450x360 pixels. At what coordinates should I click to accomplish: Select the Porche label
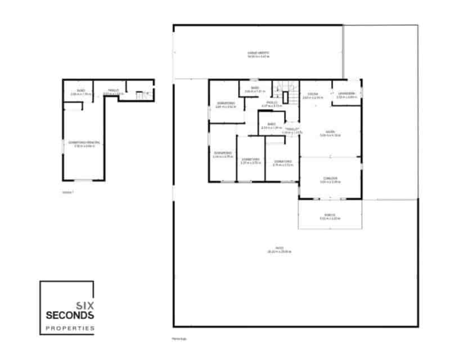click(330, 214)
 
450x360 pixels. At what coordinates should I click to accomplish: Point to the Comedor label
click(330, 178)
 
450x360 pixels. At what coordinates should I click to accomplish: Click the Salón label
click(330, 132)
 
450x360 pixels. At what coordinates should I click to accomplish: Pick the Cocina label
click(313, 93)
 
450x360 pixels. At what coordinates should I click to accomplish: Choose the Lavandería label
click(346, 93)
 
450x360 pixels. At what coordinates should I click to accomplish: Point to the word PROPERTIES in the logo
click(70, 328)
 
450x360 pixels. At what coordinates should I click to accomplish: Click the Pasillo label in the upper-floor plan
click(112, 91)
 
